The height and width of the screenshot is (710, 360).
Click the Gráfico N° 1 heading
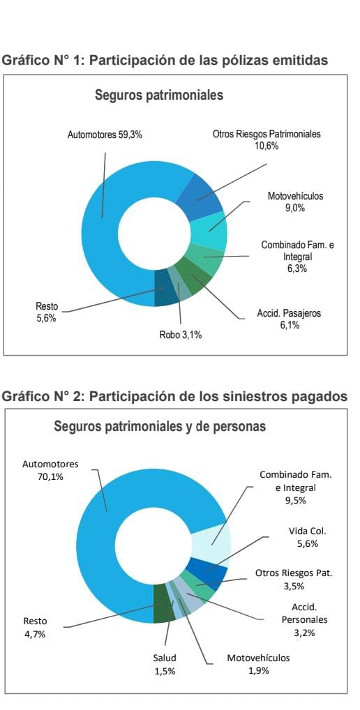(165, 60)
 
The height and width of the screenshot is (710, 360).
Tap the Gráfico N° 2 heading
(175, 396)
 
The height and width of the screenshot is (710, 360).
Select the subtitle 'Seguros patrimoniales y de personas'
(160, 427)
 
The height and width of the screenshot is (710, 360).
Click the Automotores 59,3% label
(105, 135)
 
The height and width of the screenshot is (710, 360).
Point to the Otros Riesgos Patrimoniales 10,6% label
(267, 140)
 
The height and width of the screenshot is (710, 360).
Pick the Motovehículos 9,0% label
(295, 202)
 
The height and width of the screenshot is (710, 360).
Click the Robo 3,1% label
(180, 335)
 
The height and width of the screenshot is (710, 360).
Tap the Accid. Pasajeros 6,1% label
(289, 319)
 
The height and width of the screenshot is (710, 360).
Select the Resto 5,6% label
(47, 312)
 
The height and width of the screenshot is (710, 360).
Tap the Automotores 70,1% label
(50, 470)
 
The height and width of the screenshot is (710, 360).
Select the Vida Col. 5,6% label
(308, 537)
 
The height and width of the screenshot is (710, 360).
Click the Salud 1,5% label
(165, 664)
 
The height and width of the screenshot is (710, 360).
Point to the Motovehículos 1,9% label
(258, 664)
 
